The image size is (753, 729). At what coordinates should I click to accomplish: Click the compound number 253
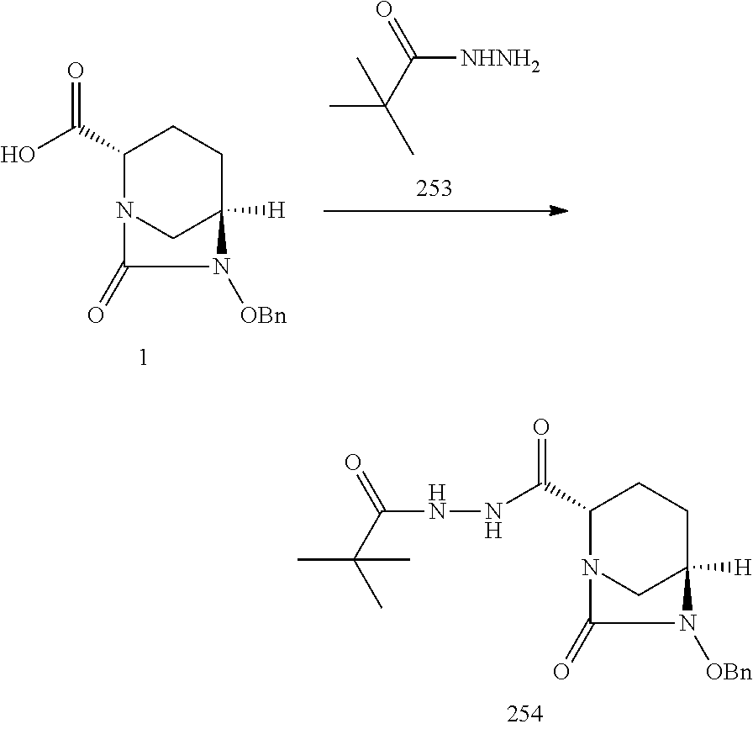[433, 189]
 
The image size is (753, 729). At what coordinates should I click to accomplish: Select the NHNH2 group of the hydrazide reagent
[496, 61]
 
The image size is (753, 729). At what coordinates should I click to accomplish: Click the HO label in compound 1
[18, 156]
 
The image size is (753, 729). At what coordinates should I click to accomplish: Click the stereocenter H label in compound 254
[740, 568]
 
